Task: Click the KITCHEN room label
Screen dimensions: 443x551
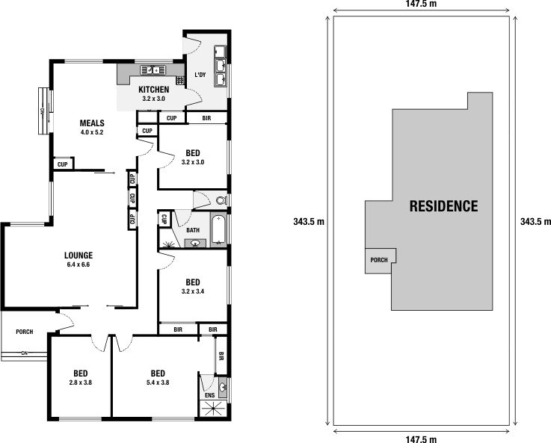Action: click(153, 90)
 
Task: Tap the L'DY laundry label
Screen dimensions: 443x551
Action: click(200, 75)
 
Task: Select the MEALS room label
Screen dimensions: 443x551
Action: click(92, 123)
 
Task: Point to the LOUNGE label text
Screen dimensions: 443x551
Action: click(78, 255)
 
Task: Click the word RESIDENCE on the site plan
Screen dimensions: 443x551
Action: click(443, 205)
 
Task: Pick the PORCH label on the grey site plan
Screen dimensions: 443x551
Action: click(378, 261)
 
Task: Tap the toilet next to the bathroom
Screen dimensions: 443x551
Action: click(220, 200)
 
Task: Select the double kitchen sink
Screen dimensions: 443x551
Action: click(154, 70)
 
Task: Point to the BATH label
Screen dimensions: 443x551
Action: click(193, 230)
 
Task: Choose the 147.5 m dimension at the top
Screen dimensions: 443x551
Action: click(422, 4)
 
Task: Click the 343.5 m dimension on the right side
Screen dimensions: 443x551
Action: click(535, 222)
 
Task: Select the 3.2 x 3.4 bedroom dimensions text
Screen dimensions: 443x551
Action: click(193, 292)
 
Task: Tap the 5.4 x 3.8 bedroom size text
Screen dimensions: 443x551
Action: click(157, 383)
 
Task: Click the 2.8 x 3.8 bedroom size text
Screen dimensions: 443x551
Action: click(81, 383)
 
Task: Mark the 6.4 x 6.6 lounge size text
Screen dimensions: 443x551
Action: click(78, 264)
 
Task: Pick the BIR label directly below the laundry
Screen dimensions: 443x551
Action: click(206, 118)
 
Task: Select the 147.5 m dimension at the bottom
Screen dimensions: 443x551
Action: click(422, 439)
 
